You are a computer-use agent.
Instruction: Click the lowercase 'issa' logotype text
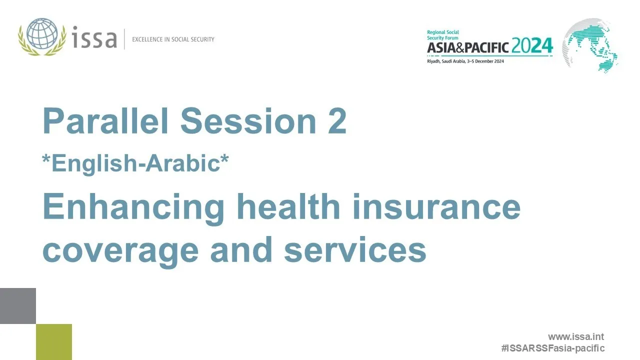[95, 38]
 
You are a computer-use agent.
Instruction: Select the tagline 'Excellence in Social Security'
[173, 39]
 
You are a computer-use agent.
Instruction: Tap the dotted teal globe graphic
[590, 45]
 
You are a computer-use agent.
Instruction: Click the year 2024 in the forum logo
[532, 46]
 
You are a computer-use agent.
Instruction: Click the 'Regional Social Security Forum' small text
[442, 35]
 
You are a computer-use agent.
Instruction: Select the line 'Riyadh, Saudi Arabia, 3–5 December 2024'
[465, 61]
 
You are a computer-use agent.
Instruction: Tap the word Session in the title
[248, 121]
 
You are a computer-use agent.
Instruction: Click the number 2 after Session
[337, 121]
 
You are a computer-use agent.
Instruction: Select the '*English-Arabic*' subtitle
[135, 163]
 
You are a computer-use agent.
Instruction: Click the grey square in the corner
[18, 306]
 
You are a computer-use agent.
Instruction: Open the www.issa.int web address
[576, 337]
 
